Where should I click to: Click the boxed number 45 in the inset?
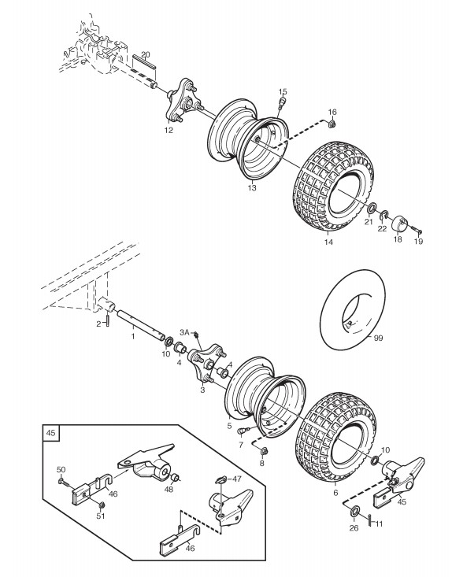(x=51, y=433)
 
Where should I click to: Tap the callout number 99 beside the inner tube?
(x=378, y=338)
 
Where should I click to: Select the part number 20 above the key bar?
(x=146, y=55)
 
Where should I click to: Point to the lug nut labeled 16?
(x=332, y=124)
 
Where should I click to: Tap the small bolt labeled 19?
(x=416, y=231)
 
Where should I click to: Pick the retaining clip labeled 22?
(x=384, y=215)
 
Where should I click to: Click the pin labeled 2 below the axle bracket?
(x=109, y=320)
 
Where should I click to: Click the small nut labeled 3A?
(x=196, y=335)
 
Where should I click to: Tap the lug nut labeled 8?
(x=263, y=450)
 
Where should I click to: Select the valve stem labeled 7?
(x=244, y=430)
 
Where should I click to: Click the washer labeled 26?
(x=355, y=511)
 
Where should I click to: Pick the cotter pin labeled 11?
(x=370, y=520)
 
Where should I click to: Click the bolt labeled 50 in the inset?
(x=62, y=482)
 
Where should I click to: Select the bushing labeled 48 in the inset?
(x=174, y=478)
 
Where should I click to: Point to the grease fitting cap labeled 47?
(x=221, y=479)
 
